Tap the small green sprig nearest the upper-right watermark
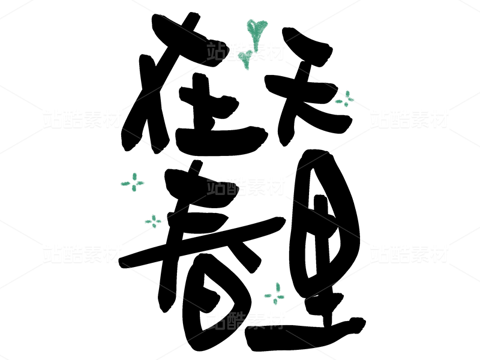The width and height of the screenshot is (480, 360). (344, 100)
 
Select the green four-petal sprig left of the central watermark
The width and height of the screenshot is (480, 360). (133, 182)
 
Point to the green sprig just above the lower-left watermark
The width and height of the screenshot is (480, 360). (154, 221)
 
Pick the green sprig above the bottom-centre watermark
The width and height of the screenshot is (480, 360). (275, 294)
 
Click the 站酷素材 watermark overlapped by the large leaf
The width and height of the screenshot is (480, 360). (245, 52)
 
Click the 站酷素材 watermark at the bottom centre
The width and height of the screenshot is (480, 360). (245, 320)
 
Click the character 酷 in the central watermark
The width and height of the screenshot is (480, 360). (236, 186)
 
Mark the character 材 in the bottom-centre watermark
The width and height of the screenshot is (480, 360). (275, 320)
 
